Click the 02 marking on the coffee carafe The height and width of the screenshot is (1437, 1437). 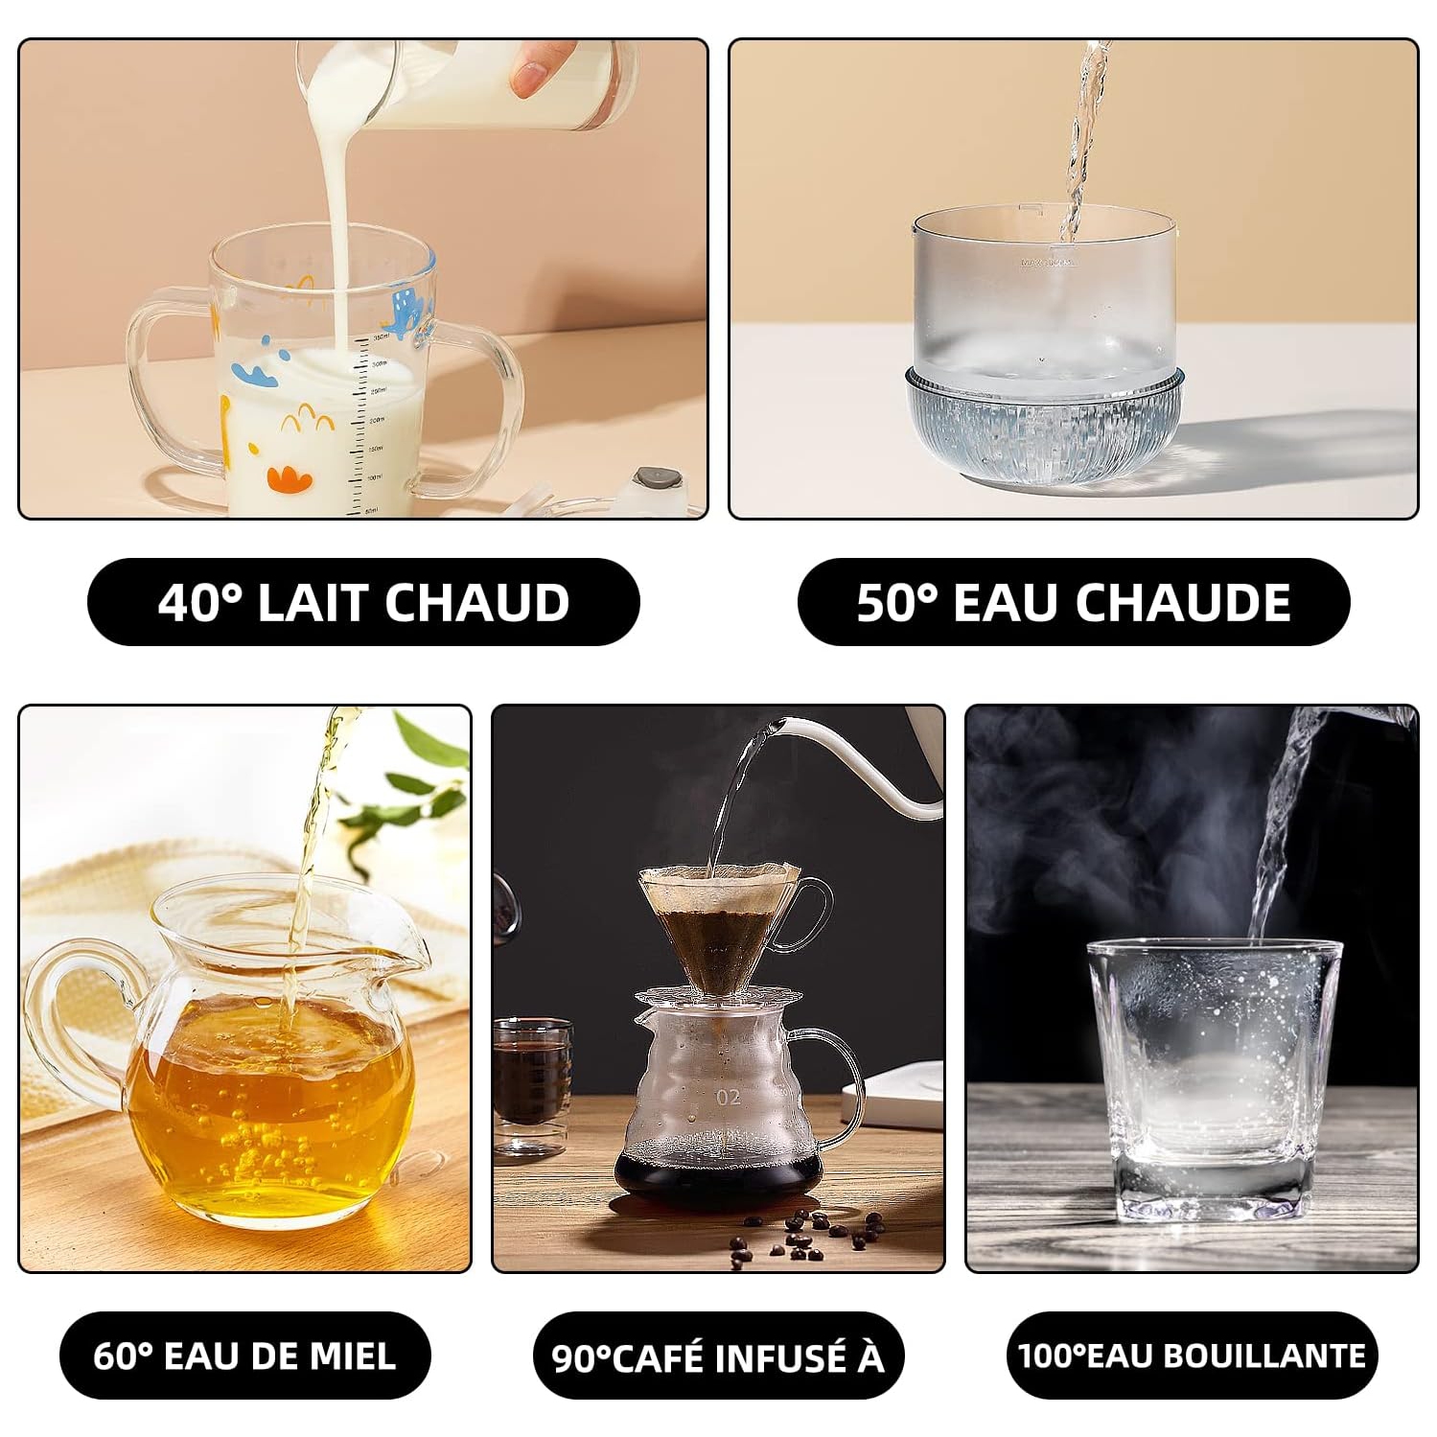click(x=728, y=1097)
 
